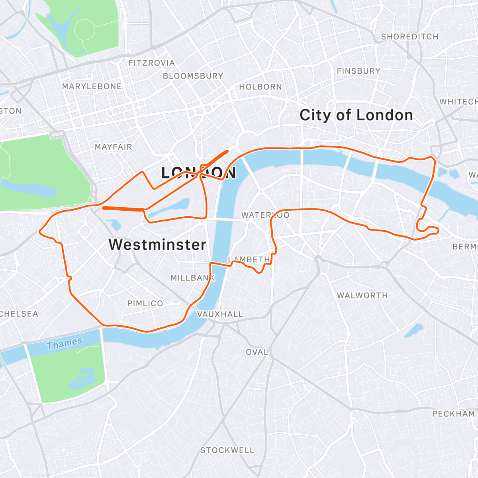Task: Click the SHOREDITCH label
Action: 409,37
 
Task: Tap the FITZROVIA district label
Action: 151,63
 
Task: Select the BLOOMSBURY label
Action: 193,76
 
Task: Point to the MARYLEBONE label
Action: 92,86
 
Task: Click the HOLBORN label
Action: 261,87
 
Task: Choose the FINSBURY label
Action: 358,71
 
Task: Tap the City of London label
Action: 356,115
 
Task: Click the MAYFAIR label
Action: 113,147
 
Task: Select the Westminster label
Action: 157,245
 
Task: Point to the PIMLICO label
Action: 145,304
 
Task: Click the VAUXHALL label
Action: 220,314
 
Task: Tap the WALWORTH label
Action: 362,296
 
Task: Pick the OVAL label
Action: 257,352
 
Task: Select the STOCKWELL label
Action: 227,451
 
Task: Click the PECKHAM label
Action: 453,414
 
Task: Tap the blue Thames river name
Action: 65,343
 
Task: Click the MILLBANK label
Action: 193,278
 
